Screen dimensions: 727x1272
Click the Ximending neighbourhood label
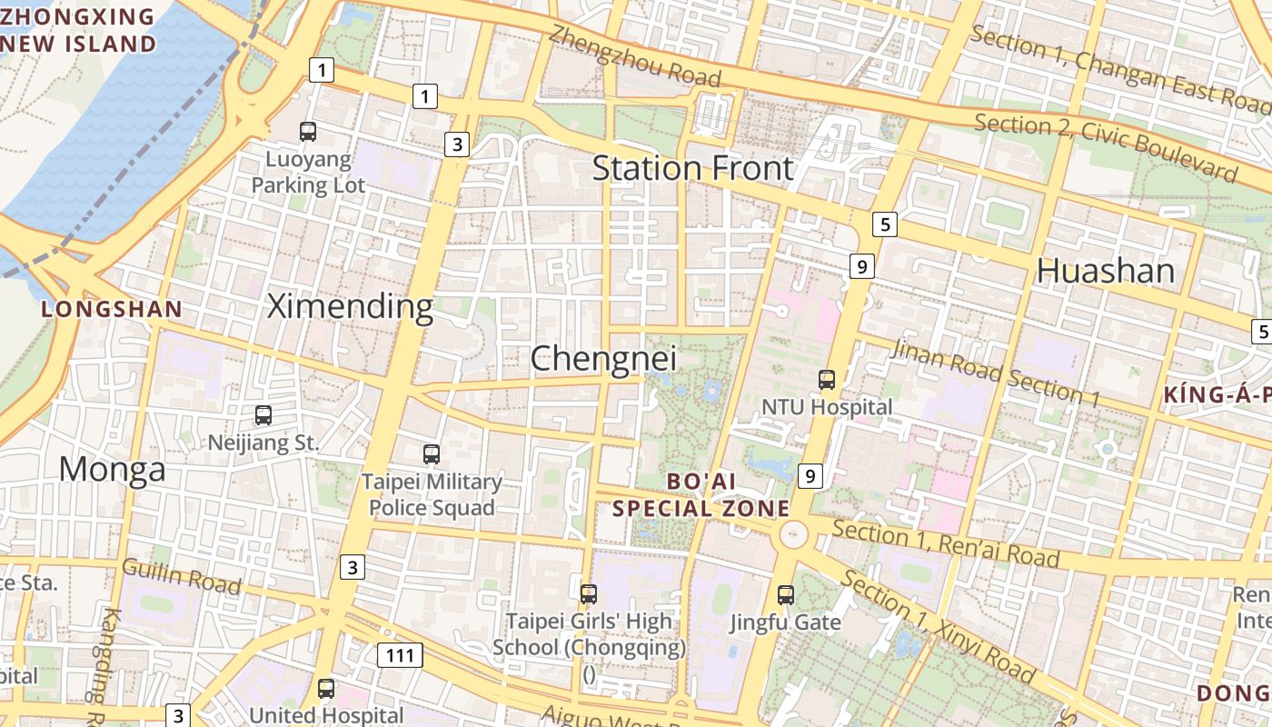click(350, 307)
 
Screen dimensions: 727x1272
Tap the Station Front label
click(693, 169)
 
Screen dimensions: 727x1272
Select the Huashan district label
click(1106, 271)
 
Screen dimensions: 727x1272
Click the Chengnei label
click(603, 358)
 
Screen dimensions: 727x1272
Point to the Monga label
click(113, 470)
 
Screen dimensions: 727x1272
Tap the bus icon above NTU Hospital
click(827, 380)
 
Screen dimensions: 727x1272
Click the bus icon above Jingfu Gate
click(786, 595)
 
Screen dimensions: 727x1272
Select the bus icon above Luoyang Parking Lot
click(308, 132)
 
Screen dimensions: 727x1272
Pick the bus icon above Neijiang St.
click(263, 415)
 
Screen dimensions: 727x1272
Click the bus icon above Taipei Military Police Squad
click(432, 453)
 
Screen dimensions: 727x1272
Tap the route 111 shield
click(400, 655)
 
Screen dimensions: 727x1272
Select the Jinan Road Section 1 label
click(996, 371)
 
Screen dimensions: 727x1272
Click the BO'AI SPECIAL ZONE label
click(701, 494)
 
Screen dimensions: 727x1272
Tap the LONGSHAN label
click(112, 309)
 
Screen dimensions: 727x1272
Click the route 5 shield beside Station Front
click(885, 224)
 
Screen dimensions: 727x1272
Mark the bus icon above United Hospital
click(326, 688)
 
